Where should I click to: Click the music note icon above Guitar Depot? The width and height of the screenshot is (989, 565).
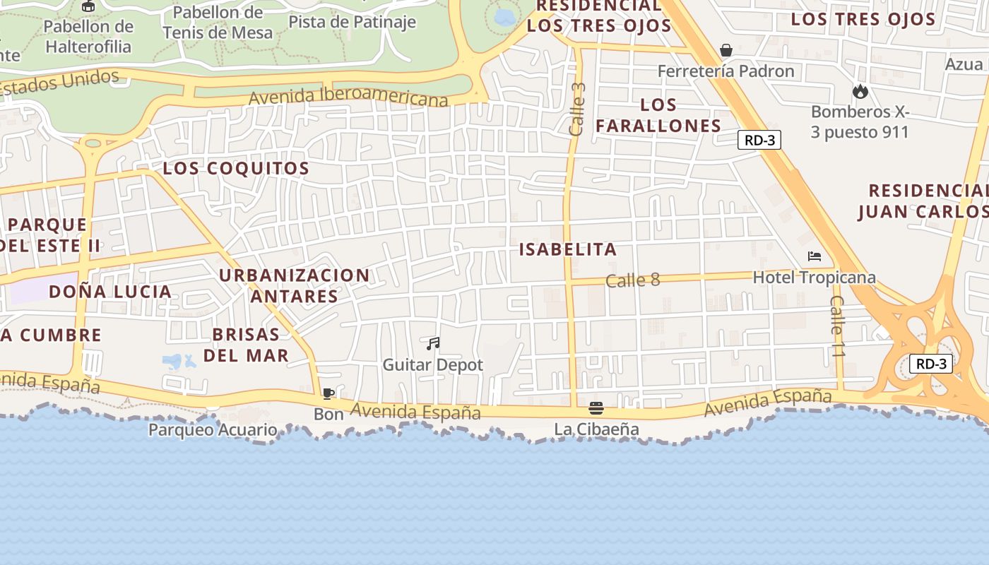[433, 344]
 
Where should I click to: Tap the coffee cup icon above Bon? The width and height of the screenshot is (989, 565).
[328, 393]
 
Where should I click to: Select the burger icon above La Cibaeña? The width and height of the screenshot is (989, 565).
[596, 408]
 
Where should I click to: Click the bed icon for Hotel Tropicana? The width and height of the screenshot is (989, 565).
[815, 256]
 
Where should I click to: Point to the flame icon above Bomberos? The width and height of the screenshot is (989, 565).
[860, 91]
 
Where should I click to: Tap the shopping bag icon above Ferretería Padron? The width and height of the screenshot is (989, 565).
[726, 50]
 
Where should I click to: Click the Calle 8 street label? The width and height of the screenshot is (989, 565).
[632, 280]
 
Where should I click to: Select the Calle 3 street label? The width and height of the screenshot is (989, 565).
[578, 109]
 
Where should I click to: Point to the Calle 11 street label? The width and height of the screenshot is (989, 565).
[837, 326]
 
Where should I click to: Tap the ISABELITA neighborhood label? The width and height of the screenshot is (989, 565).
[568, 249]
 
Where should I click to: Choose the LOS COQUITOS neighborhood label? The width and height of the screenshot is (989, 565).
[236, 169]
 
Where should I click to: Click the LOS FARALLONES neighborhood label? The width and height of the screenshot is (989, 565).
[658, 116]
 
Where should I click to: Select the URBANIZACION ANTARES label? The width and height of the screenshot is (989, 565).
[294, 285]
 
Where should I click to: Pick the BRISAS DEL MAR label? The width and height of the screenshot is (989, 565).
[246, 345]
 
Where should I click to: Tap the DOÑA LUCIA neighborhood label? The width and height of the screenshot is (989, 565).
[110, 292]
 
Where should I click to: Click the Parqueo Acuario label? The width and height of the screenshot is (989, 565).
[213, 429]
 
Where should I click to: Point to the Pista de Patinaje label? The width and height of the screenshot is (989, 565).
[352, 21]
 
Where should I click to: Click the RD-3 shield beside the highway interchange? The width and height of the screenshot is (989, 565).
[930, 364]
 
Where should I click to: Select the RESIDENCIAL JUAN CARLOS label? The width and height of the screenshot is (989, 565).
[926, 201]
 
